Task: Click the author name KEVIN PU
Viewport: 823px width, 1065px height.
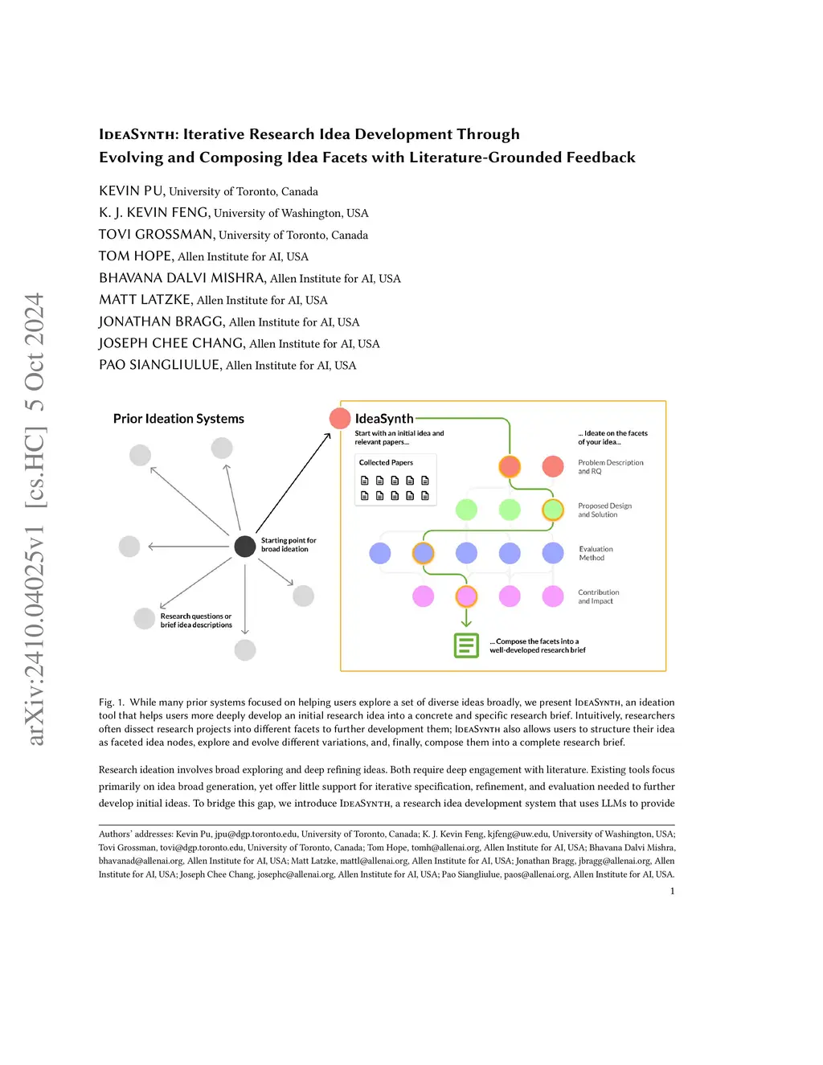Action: [x=131, y=191]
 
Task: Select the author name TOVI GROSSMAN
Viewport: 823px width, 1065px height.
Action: [x=156, y=235]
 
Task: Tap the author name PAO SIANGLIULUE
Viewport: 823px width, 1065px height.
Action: [x=159, y=365]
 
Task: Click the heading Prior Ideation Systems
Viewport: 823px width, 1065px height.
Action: [x=178, y=419]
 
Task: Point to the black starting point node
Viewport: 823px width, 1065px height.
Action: [x=245, y=546]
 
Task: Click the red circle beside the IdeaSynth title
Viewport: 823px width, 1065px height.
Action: [x=340, y=418]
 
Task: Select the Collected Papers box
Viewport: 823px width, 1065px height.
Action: [x=396, y=480]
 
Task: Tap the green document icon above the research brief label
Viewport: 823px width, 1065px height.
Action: [x=466, y=645]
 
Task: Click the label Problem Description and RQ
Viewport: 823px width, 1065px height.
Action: [x=610, y=467]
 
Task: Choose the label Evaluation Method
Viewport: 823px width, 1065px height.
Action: [x=596, y=553]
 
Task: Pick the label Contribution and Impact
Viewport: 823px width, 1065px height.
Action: [x=598, y=596]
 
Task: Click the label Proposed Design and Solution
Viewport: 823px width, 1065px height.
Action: [x=604, y=510]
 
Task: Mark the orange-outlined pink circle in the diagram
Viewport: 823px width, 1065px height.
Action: [x=466, y=596]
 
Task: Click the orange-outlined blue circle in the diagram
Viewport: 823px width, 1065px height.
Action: [x=424, y=553]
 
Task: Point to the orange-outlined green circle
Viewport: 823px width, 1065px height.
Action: [x=553, y=510]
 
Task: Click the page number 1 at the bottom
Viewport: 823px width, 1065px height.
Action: [x=672, y=891]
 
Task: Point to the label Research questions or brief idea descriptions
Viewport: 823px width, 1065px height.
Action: [x=195, y=621]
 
